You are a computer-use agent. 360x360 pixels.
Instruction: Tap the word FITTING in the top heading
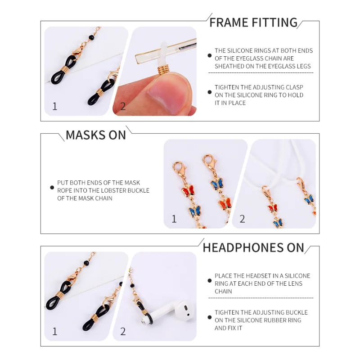274,22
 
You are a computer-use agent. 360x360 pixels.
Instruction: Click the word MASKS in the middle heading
85,135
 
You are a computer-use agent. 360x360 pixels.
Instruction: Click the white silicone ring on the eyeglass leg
162,54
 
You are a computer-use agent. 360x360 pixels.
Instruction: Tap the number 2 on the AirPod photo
123,331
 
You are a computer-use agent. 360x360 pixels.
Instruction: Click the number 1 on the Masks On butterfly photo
174,219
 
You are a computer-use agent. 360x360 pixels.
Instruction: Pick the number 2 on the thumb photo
123,106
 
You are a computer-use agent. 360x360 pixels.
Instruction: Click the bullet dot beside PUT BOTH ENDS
52,188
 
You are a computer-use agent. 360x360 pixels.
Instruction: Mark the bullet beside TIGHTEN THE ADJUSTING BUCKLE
209,317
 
